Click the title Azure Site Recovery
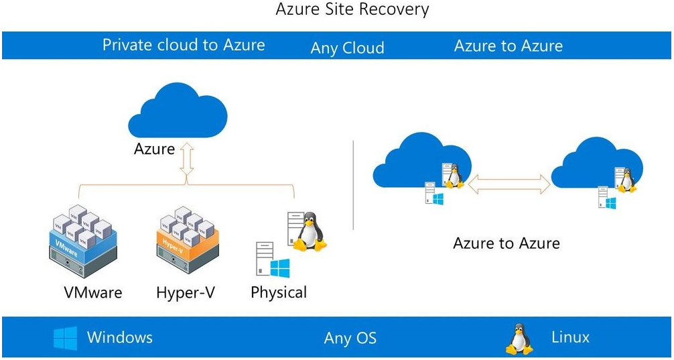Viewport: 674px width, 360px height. tap(352, 9)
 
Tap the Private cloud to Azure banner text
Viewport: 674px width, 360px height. tap(184, 45)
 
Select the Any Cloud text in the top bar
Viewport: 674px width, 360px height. tap(347, 48)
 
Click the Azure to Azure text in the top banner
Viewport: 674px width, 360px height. tap(508, 46)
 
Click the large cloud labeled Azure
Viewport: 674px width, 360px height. tap(178, 111)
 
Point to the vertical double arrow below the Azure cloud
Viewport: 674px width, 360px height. tap(187, 159)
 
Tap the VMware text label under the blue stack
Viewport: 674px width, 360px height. tap(93, 292)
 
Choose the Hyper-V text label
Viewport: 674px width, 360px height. tap(186, 292)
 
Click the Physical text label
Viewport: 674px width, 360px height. tap(279, 292)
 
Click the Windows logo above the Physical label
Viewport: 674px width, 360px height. tap(280, 268)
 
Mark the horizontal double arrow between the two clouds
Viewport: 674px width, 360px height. tap(509, 184)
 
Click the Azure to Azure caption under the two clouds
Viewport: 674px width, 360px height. tap(507, 243)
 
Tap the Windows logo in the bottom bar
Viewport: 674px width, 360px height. tap(66, 338)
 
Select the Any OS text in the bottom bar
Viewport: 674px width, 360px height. tap(350, 338)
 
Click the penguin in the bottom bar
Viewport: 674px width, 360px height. tap(519, 339)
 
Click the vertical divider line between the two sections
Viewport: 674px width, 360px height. tap(353, 185)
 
